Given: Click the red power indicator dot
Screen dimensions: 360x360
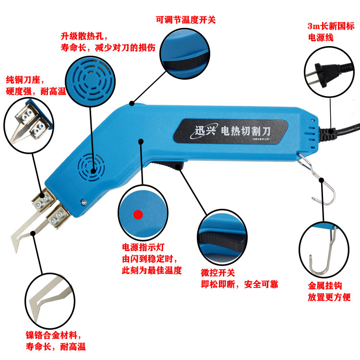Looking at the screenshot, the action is [x=138, y=215].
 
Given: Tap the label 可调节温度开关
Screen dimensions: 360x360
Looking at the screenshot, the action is [x=186, y=20].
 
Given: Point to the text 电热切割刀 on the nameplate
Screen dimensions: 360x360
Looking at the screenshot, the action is [x=245, y=131].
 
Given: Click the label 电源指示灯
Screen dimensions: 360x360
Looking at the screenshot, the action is [x=143, y=247].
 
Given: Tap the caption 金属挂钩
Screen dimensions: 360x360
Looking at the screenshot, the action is [x=325, y=286].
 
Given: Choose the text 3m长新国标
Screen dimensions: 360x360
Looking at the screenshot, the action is [x=331, y=26].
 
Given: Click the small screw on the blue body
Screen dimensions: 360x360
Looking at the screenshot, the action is [x=84, y=202].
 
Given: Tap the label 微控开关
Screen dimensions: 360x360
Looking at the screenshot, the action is [x=218, y=273].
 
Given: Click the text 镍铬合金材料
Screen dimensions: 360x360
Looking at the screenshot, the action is [x=51, y=335].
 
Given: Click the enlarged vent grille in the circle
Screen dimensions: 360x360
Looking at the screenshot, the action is [x=91, y=81].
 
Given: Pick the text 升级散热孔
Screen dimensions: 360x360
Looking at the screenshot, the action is [x=82, y=36].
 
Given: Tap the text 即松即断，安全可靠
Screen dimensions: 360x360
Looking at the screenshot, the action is [x=240, y=285].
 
